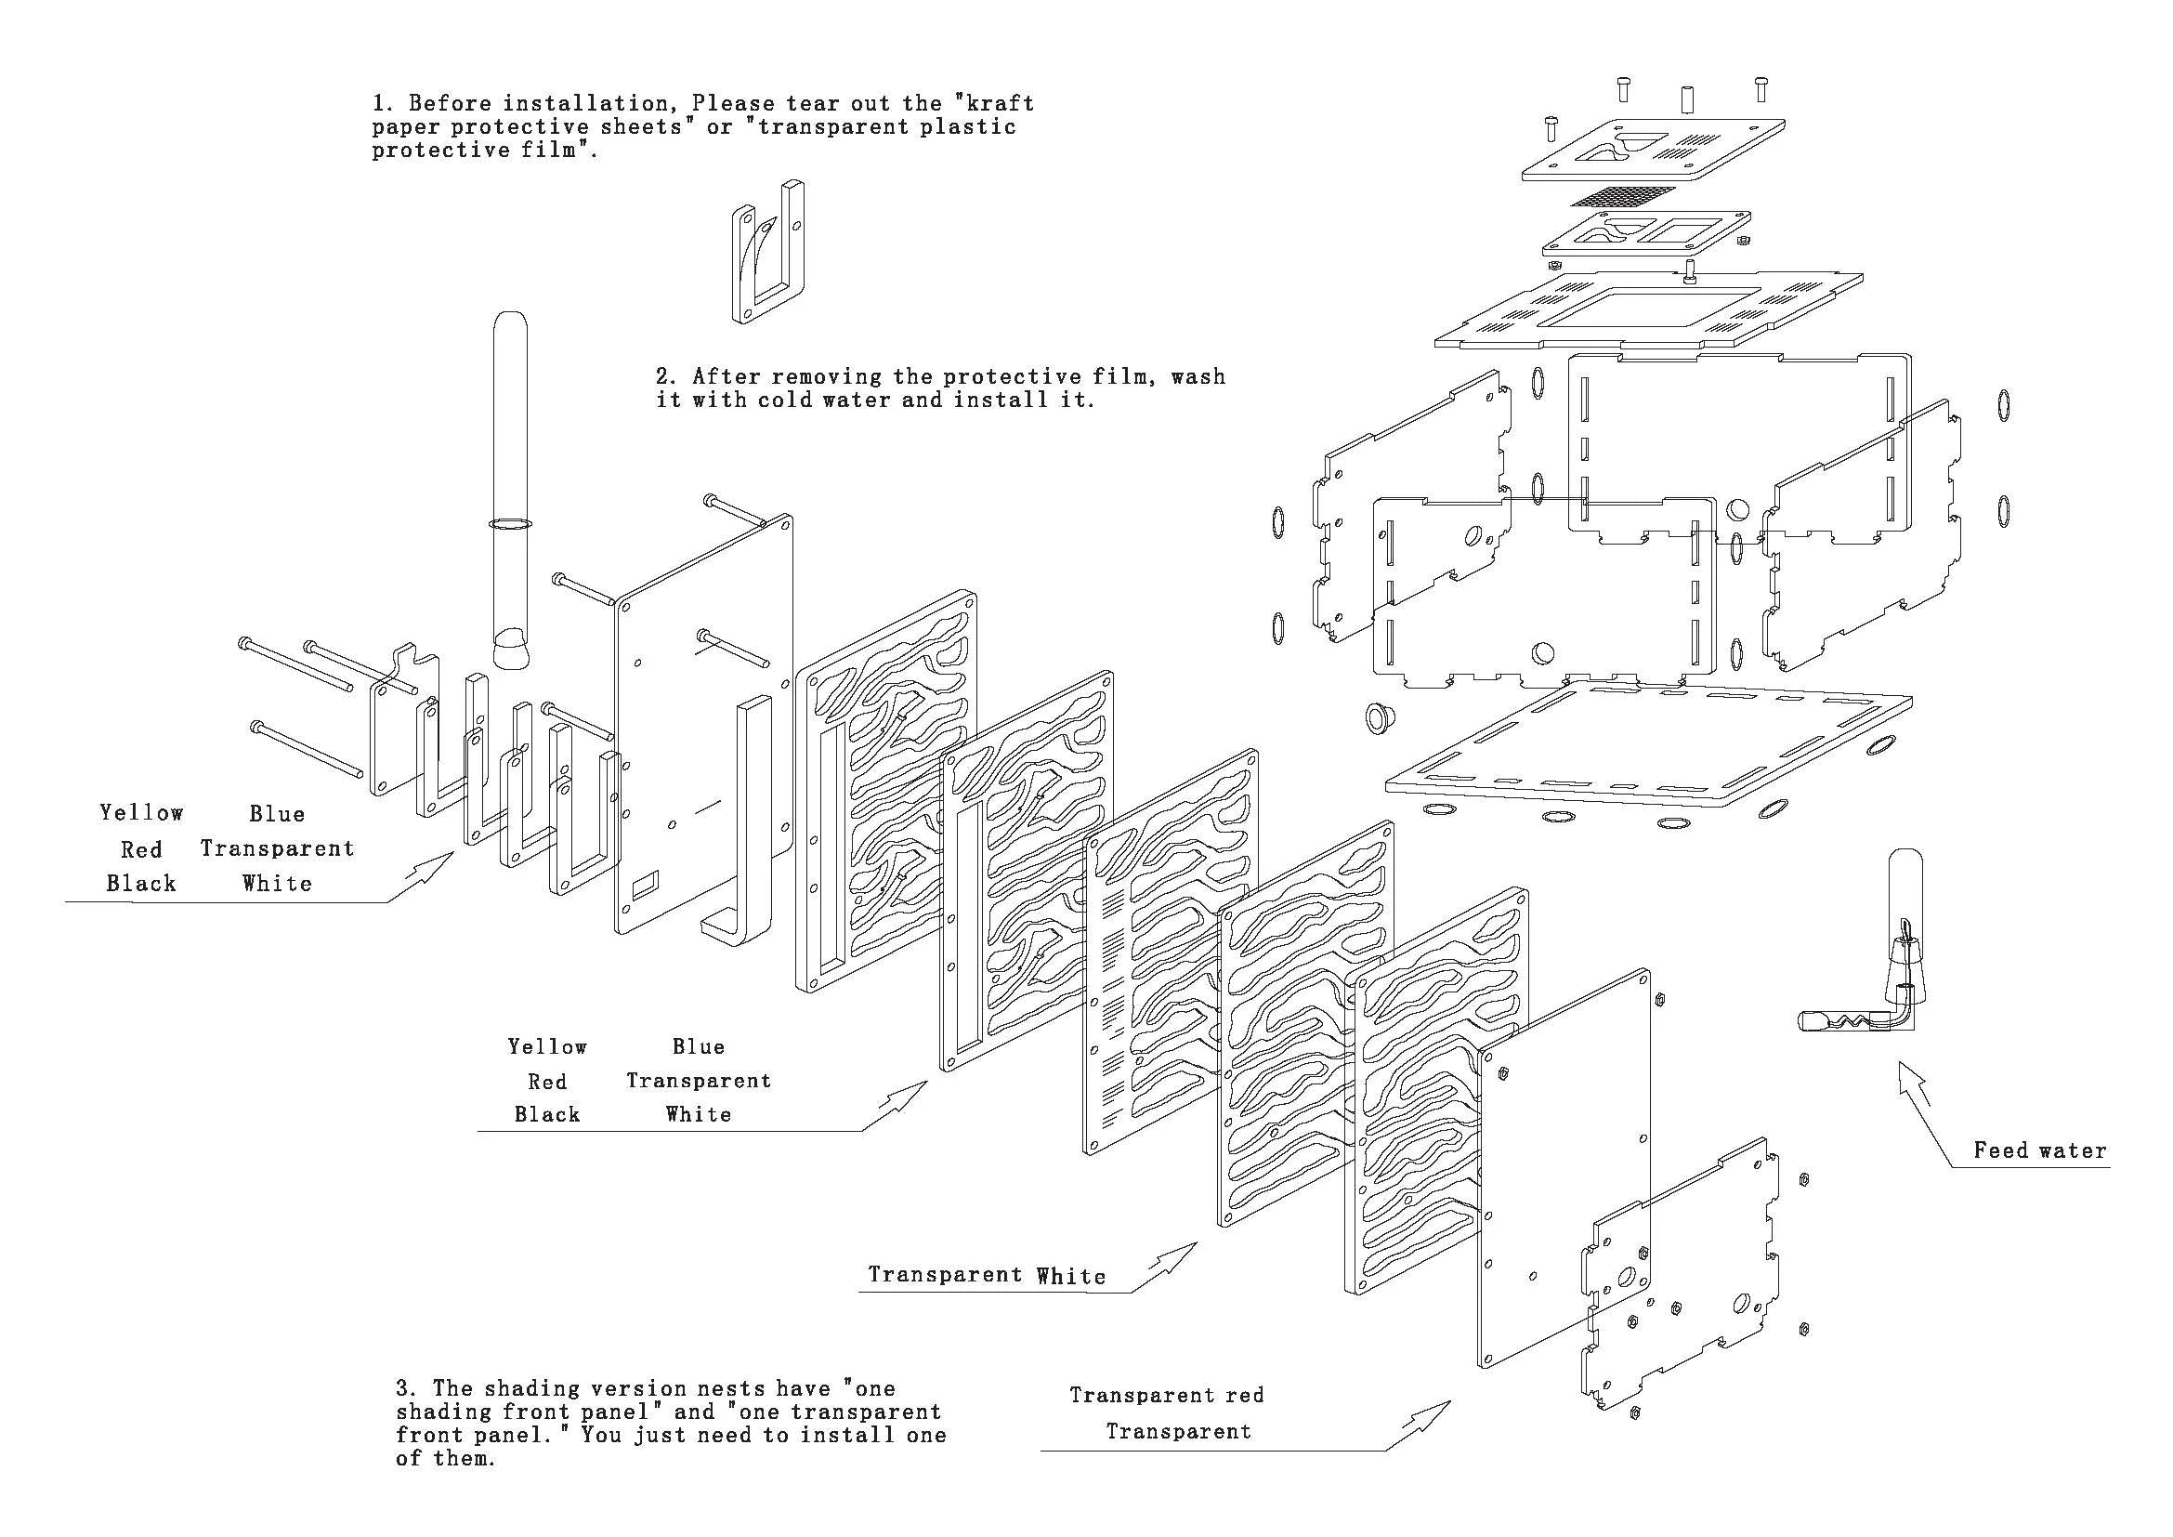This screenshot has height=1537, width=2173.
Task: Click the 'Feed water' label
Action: [2039, 1150]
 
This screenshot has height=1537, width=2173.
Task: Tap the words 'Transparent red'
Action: [1166, 1395]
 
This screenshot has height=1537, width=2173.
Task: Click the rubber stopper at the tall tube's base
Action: [511, 650]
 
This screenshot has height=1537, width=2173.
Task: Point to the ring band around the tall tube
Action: [511, 522]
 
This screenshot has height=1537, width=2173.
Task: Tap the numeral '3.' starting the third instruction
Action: [406, 1389]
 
